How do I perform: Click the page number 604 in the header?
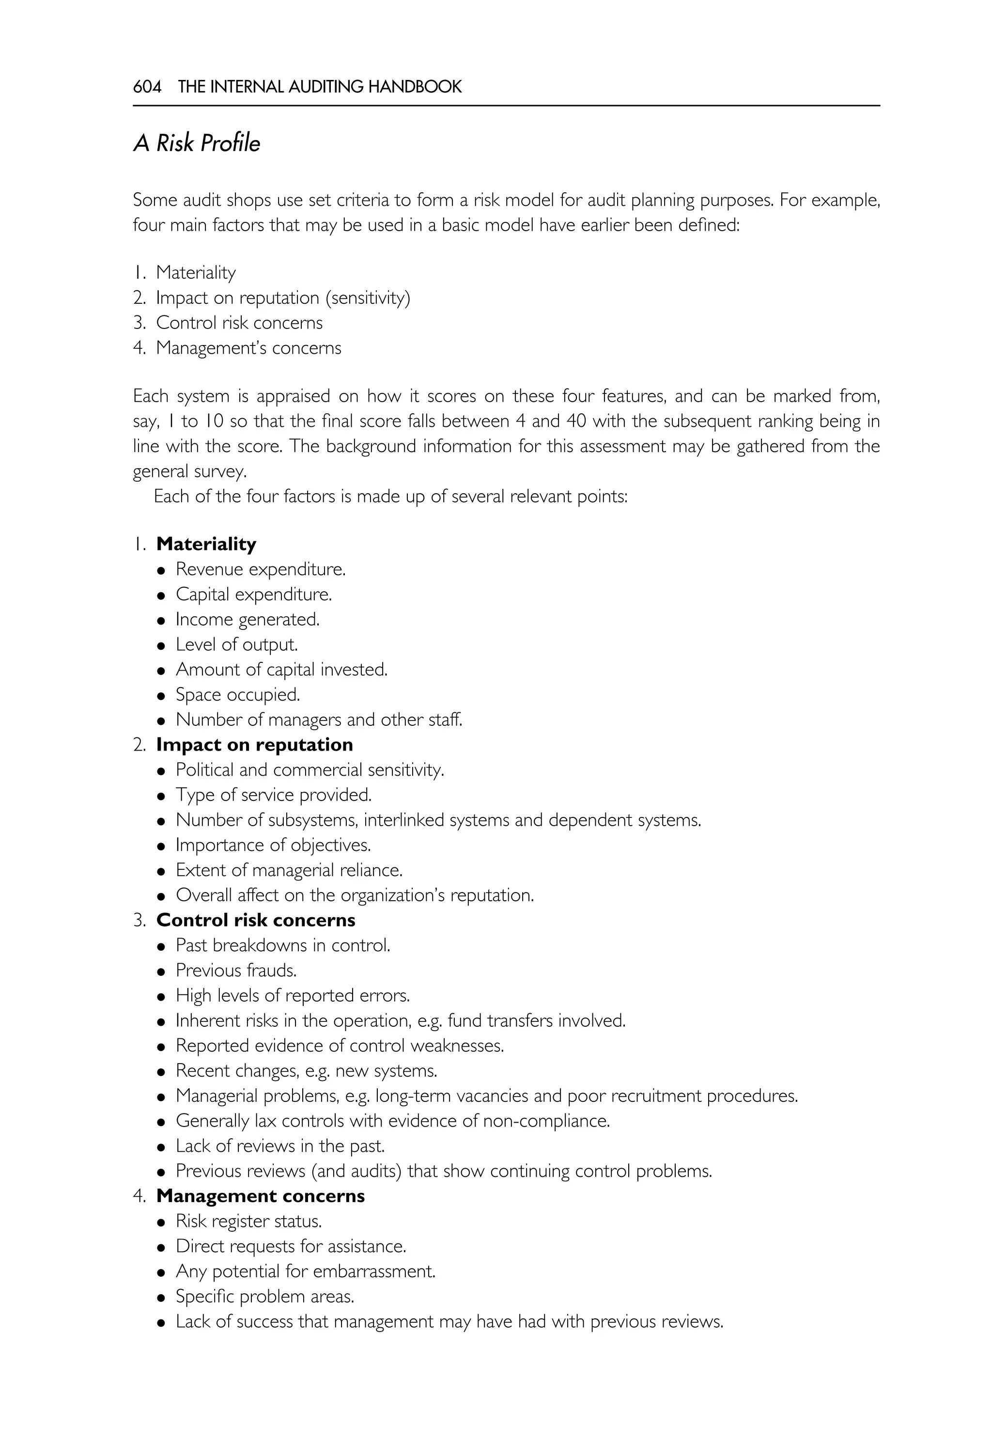click(147, 86)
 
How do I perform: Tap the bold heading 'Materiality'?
click(206, 544)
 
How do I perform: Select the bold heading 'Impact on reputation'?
click(254, 744)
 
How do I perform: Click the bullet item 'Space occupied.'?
click(237, 694)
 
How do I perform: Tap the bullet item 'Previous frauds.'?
click(236, 970)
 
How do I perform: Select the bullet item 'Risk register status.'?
click(248, 1221)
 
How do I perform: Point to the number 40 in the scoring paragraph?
click(575, 422)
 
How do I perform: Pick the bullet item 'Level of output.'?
click(237, 644)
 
